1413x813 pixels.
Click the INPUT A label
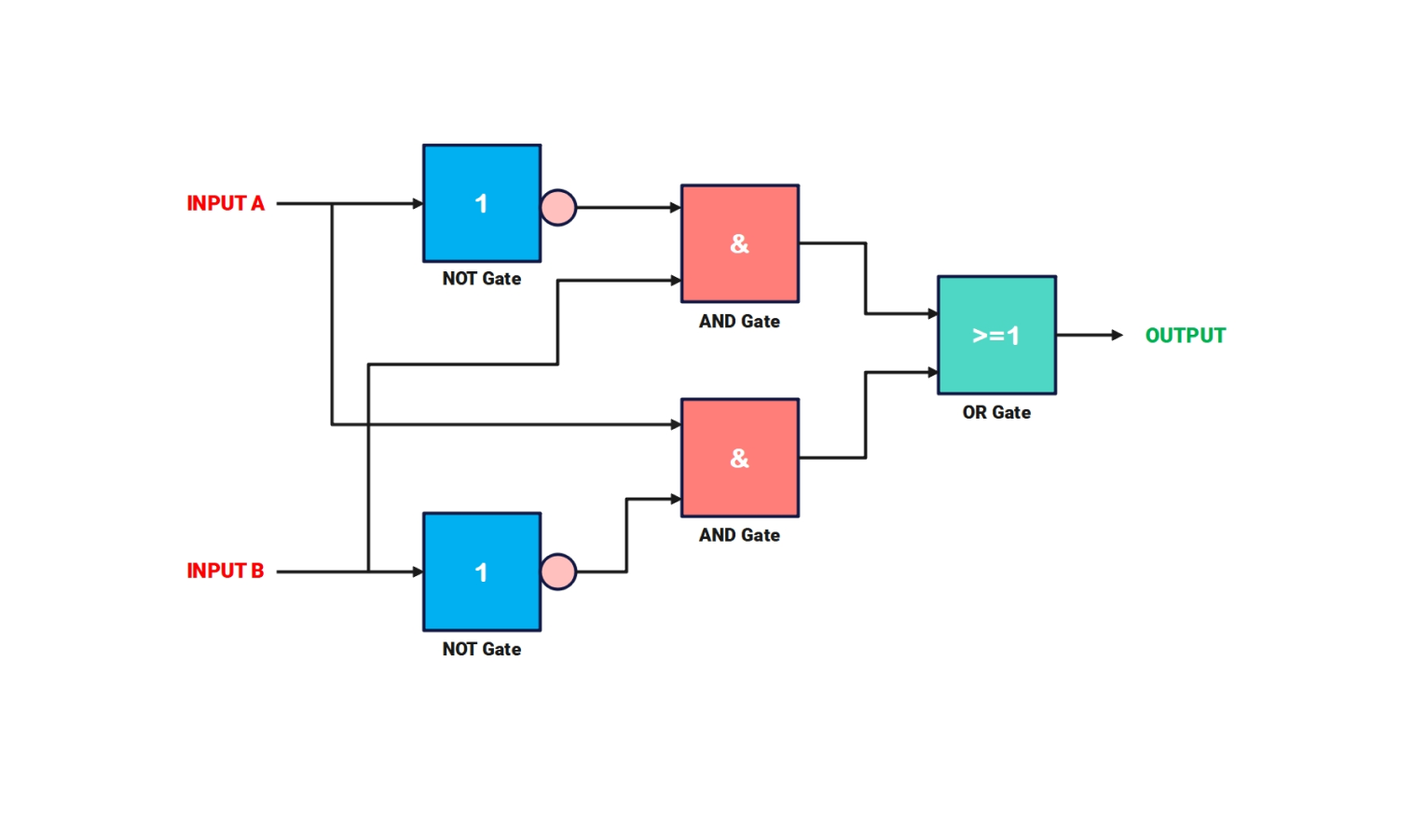[x=226, y=203]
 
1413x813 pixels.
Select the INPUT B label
[x=226, y=571]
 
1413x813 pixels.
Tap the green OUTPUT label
[x=1185, y=336]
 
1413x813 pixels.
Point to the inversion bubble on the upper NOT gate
[x=558, y=207]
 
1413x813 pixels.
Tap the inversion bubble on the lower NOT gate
[x=558, y=572]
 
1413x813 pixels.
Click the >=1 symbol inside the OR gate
[x=996, y=336]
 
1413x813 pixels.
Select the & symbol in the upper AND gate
[x=739, y=243]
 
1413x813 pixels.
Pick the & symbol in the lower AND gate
[x=739, y=458]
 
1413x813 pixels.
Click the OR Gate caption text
[x=996, y=412]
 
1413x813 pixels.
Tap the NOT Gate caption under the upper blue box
[x=482, y=279]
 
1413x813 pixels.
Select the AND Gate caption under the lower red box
[x=739, y=535]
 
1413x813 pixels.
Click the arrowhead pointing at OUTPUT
[x=1117, y=335]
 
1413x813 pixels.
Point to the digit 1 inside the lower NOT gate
[x=481, y=572]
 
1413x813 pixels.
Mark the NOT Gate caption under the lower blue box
[x=482, y=649]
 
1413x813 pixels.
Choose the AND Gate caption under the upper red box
[x=739, y=322]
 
